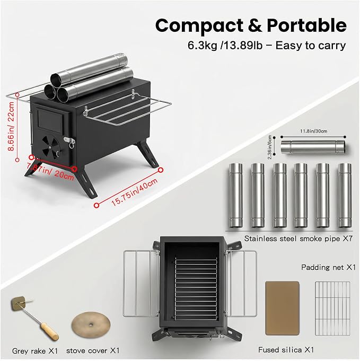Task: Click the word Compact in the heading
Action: (199, 26)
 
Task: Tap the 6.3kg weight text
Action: (202, 46)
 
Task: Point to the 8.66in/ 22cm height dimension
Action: (11, 126)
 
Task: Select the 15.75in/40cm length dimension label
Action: (135, 191)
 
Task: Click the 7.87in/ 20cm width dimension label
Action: (50, 171)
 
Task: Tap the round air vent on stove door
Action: (51, 147)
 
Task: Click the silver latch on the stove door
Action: (69, 140)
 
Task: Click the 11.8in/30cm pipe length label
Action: (313, 131)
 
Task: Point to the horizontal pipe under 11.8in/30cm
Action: (313, 147)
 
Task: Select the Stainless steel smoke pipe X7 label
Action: (298, 239)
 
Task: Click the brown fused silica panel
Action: (283, 308)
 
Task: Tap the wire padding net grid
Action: (332, 309)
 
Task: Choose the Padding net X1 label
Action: (328, 267)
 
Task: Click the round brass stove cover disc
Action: (91, 324)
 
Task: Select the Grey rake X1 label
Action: (35, 351)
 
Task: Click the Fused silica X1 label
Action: (286, 350)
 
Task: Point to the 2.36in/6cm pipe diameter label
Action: (270, 147)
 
